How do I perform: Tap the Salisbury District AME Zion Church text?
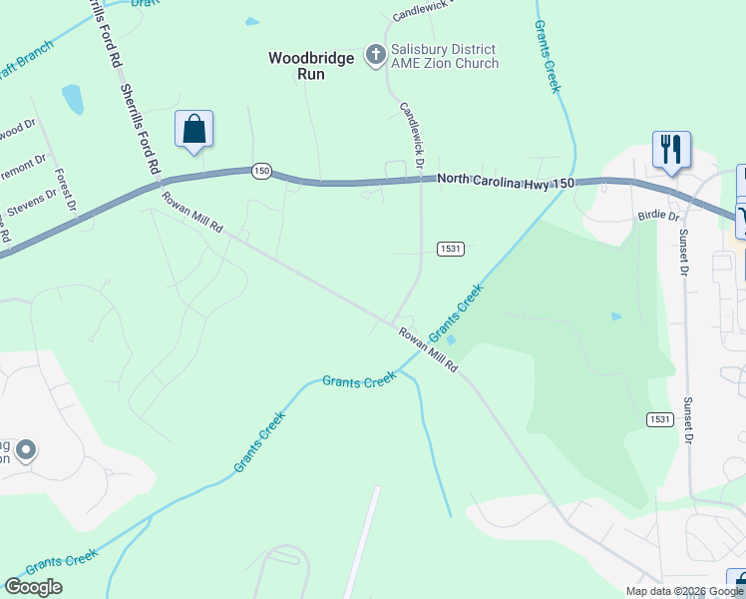point(444,57)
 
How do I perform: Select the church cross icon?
point(376,54)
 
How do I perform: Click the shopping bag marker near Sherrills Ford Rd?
point(193,130)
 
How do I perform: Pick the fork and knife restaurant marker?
point(671,150)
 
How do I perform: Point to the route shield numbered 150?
point(261,171)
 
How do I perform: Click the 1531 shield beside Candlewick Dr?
point(450,248)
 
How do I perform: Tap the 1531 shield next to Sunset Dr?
point(659,418)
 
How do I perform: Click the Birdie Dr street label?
point(658,216)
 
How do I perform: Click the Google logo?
point(33,586)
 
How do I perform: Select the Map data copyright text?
point(684,591)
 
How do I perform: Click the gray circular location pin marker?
point(25,451)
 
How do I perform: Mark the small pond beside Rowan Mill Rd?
point(452,340)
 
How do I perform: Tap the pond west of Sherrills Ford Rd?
point(73,99)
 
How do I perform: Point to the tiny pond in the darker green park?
point(616,316)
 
